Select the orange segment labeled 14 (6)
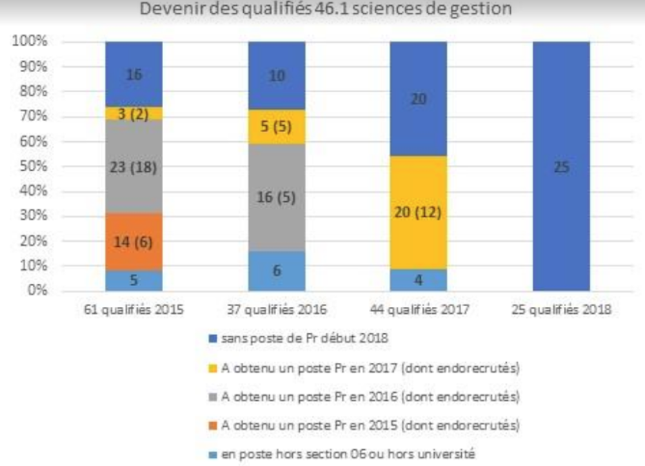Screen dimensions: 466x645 click(134, 242)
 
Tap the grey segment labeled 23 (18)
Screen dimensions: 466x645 click(134, 167)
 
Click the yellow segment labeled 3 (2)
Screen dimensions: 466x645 click(134, 113)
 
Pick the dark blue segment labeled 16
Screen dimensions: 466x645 click(134, 74)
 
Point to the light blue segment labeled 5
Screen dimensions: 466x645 click(134, 280)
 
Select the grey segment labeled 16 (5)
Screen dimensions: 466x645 click(277, 197)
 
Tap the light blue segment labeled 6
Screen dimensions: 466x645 click(277, 271)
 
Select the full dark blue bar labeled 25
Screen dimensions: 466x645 click(562, 166)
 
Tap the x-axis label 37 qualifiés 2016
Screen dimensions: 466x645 click(277, 310)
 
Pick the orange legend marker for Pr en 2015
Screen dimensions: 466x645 click(213, 425)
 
